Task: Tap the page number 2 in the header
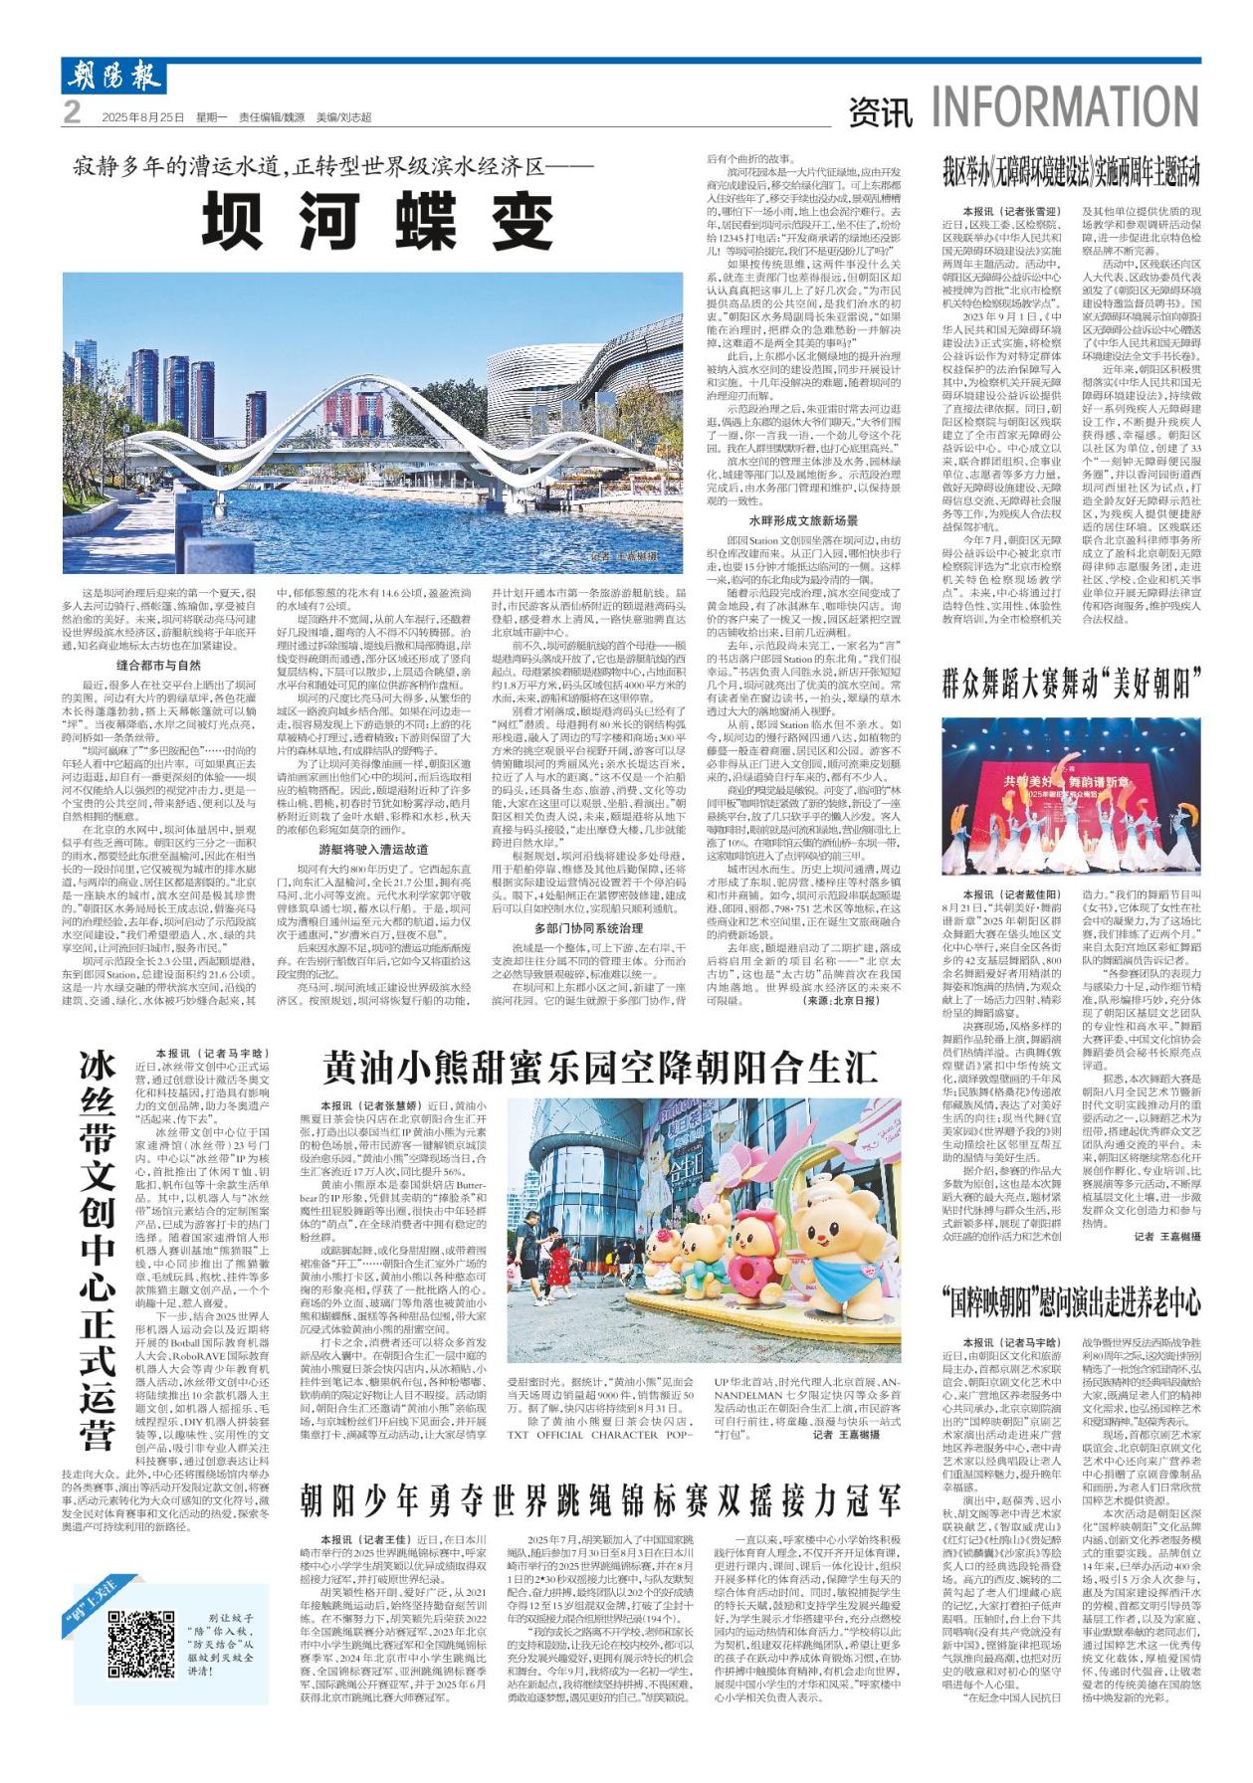point(72,114)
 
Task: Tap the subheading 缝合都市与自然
point(158,666)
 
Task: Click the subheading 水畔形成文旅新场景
point(803,520)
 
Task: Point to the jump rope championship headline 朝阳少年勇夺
point(601,1497)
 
